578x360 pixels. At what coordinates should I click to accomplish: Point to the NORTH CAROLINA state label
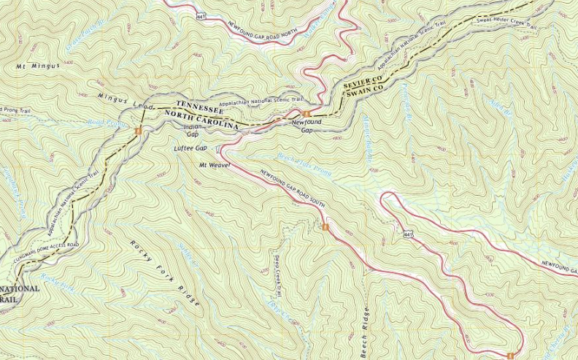(x=202, y=121)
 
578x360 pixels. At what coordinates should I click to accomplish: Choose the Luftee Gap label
(x=188, y=148)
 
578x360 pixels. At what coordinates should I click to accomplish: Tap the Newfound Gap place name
(x=307, y=126)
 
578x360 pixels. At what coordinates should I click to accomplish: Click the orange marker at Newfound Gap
(x=307, y=112)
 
